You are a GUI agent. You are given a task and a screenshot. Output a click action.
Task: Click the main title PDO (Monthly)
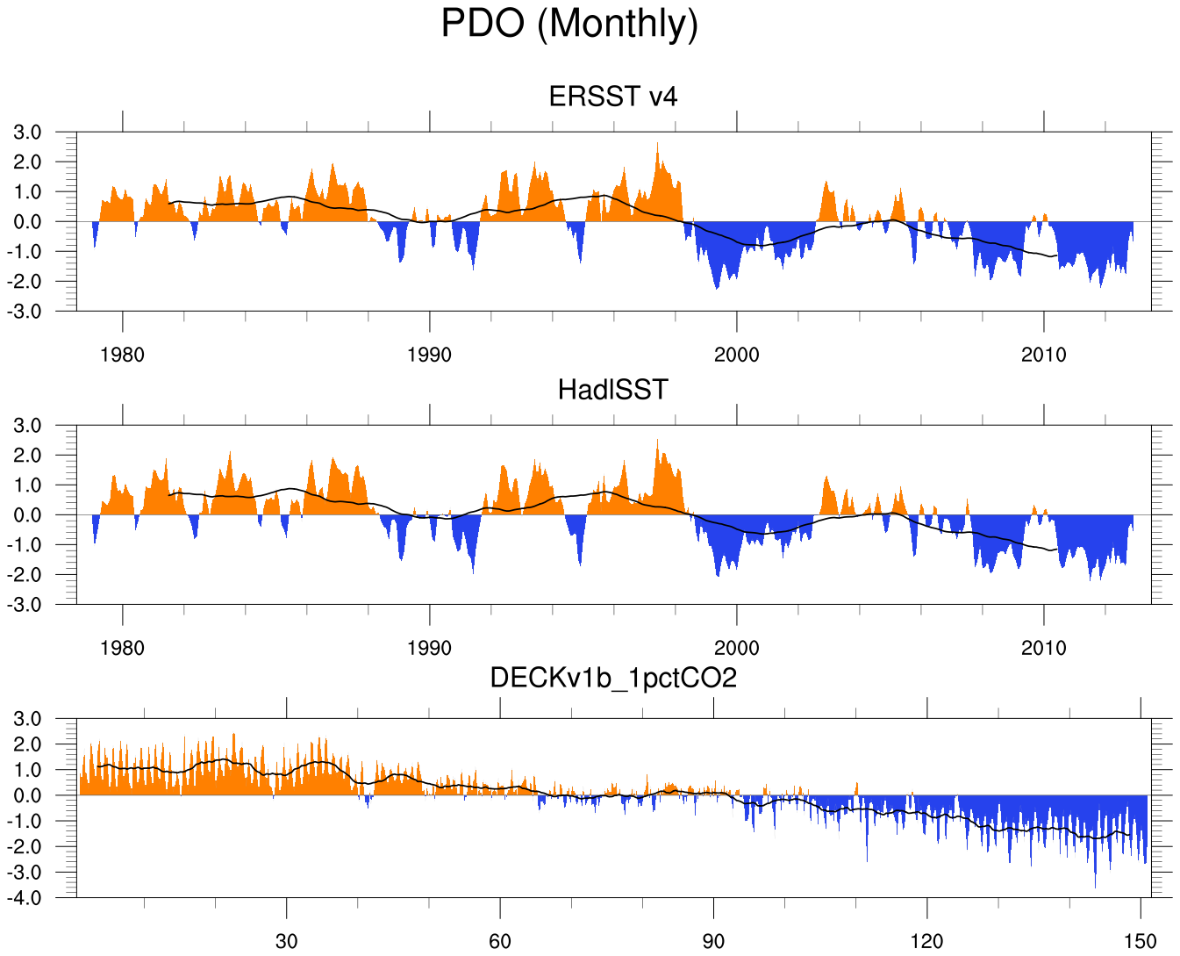tap(569, 24)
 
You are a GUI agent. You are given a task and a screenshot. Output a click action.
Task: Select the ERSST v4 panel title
tap(613, 96)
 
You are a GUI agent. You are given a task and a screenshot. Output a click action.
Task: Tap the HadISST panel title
tap(613, 389)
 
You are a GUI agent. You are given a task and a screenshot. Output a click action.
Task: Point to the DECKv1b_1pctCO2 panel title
tap(613, 678)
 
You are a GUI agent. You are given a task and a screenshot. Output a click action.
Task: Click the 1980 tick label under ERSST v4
tap(123, 355)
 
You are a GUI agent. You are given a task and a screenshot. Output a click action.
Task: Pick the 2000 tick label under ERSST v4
tap(737, 355)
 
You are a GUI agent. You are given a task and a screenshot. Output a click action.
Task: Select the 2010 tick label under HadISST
tap(1044, 648)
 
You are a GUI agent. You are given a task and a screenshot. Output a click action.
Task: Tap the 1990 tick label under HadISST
tap(430, 648)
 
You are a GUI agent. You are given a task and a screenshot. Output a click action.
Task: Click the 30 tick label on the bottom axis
tap(286, 942)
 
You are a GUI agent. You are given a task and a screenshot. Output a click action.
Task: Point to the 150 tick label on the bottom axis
tap(1141, 942)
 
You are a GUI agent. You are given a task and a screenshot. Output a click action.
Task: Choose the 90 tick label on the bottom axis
tap(713, 942)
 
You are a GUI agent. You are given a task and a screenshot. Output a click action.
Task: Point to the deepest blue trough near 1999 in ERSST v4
tap(717, 288)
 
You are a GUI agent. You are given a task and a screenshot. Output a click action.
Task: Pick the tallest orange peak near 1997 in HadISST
tap(657, 441)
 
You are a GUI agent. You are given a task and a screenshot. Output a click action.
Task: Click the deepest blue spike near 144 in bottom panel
tap(1095, 887)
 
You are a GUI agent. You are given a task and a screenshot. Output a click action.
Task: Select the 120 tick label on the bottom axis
tap(926, 942)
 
